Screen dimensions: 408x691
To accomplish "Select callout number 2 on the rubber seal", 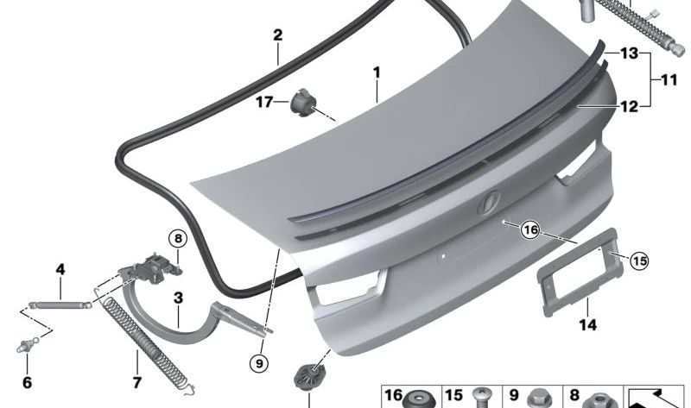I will pos(278,35).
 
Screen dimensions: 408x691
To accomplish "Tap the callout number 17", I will pos(264,102).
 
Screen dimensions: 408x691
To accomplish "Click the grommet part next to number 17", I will pos(303,102).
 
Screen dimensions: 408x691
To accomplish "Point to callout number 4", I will pos(60,269).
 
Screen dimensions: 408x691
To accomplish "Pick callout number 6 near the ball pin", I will pos(27,382).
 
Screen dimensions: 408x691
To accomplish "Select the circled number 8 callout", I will pos(176,238).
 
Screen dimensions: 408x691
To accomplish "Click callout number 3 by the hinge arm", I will pos(178,299).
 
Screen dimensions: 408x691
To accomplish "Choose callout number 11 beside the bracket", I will pos(669,80).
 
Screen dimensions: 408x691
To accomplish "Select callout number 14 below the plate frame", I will pos(588,325).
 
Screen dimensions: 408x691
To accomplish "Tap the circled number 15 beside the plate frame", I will pos(639,260).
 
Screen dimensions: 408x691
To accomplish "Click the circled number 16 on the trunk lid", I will pos(529,229).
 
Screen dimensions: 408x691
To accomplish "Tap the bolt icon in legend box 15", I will pos(480,398).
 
